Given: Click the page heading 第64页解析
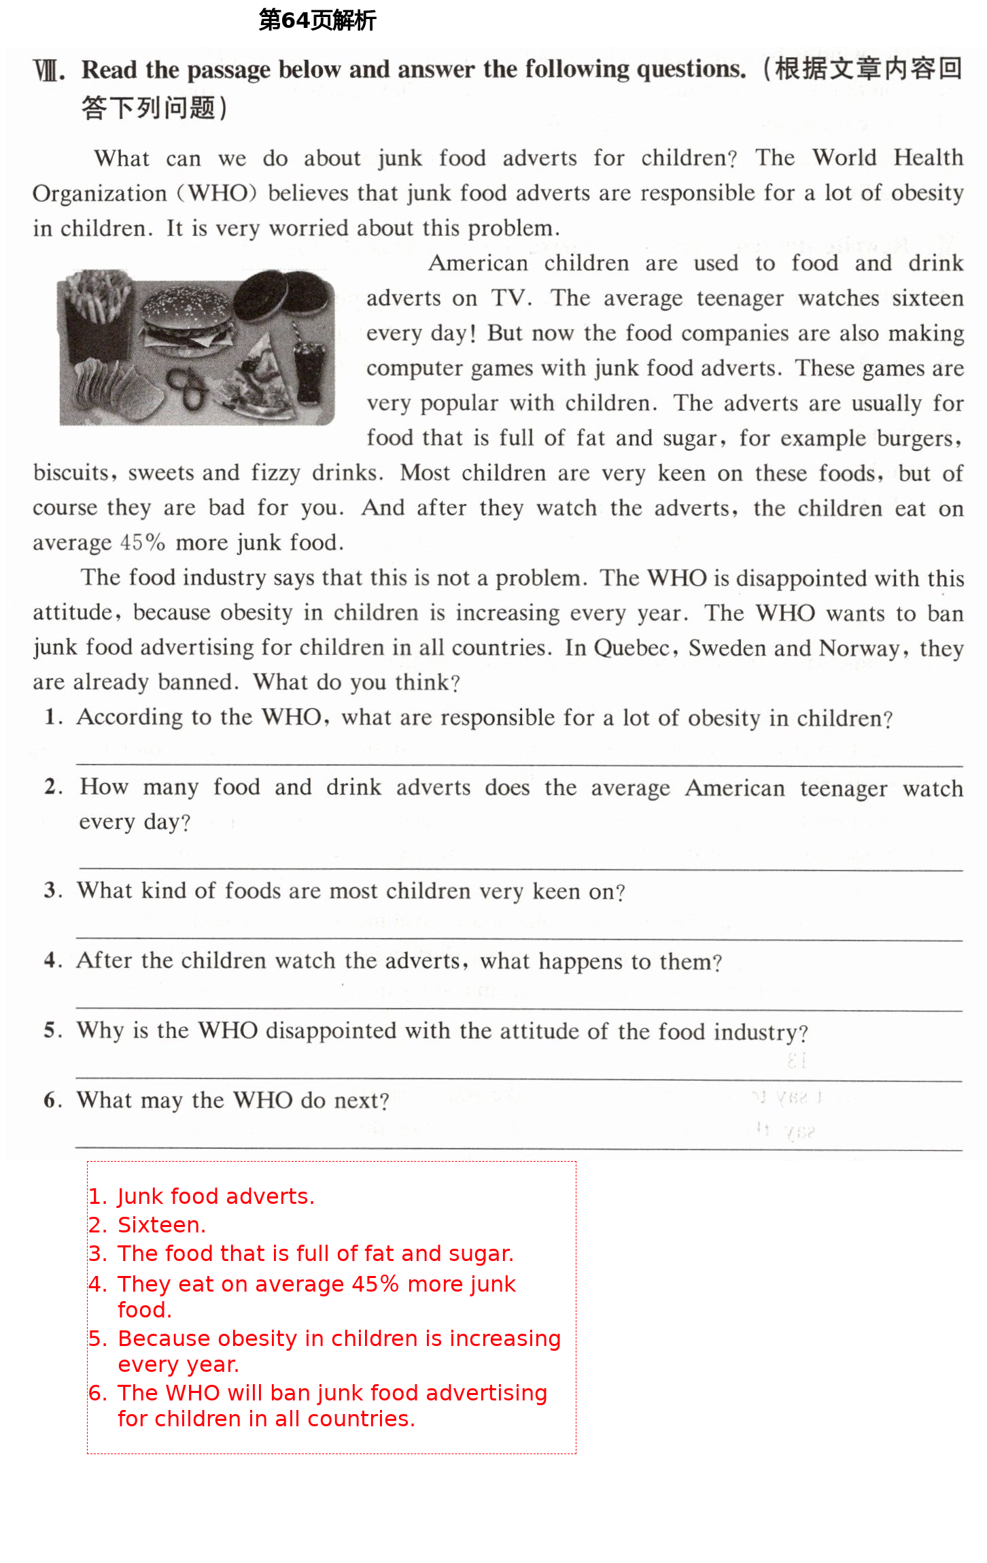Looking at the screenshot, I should pos(317,20).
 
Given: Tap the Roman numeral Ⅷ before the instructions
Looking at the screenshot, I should pos(49,71).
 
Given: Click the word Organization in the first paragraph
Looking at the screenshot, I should pos(100,194).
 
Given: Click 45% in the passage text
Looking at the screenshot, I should pos(143,543).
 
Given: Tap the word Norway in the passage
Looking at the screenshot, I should pos(859,648).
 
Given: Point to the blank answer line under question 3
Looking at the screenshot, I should pos(519,939).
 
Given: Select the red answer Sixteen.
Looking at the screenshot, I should pos(161,1225).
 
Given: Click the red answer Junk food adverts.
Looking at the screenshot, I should pos(215,1196).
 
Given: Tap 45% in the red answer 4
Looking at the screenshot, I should pos(375,1284).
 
